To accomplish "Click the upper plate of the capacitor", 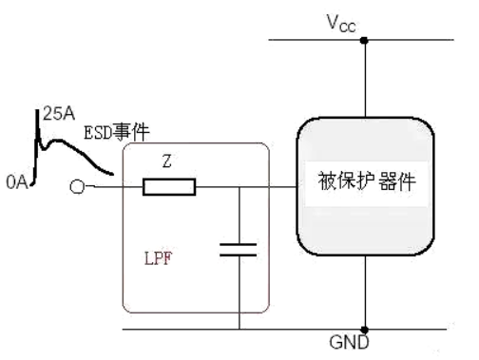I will click(x=239, y=244).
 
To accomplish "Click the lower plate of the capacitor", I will click(x=239, y=256).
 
